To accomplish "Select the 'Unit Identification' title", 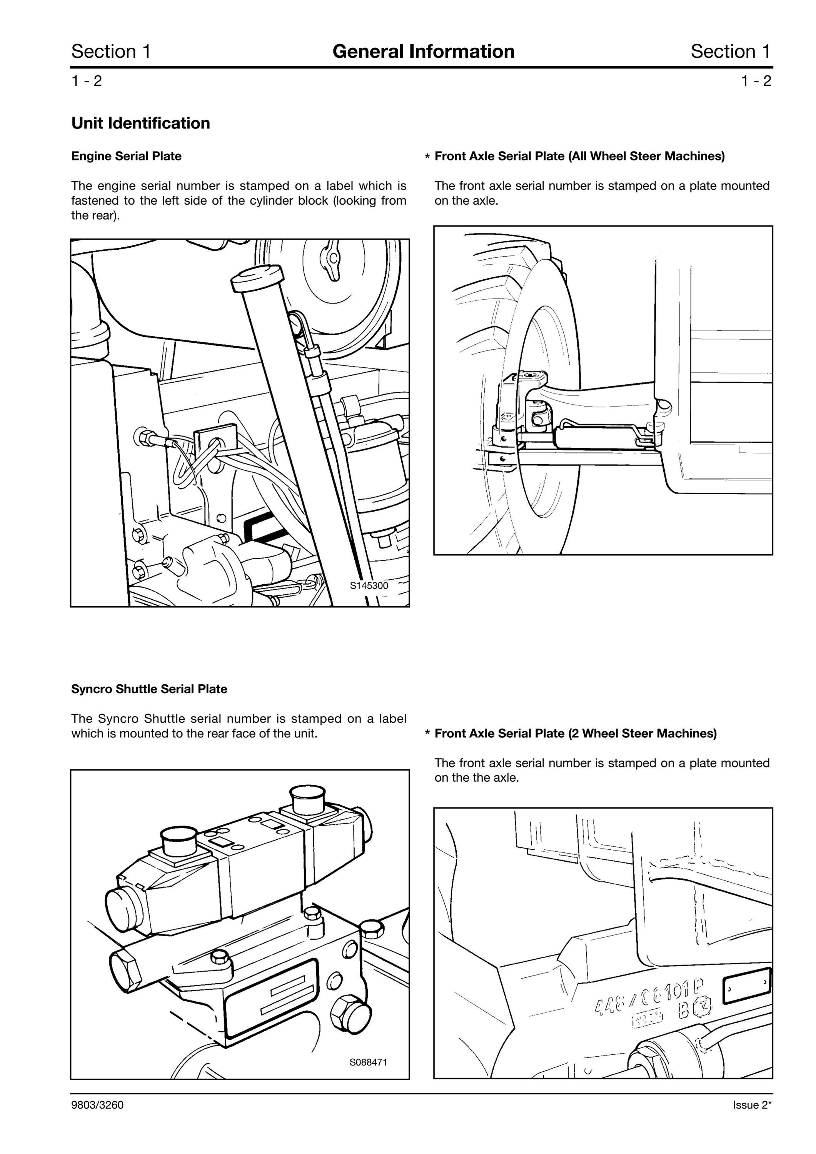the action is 141,123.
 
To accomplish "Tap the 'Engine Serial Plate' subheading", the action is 126,156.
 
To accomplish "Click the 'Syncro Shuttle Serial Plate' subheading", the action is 149,689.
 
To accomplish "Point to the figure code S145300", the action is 369,585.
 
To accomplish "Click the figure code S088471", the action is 369,1062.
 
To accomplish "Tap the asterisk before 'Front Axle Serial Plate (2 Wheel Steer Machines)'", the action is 427,734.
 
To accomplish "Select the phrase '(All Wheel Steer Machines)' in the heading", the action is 647,156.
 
